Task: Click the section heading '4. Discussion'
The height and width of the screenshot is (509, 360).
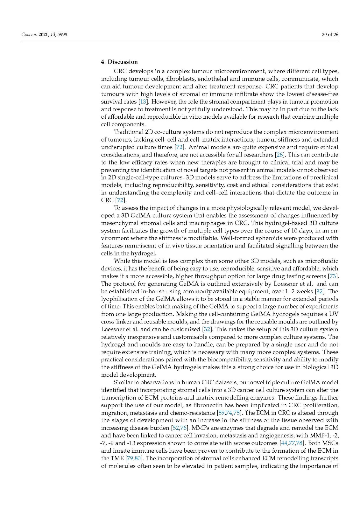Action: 119,62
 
